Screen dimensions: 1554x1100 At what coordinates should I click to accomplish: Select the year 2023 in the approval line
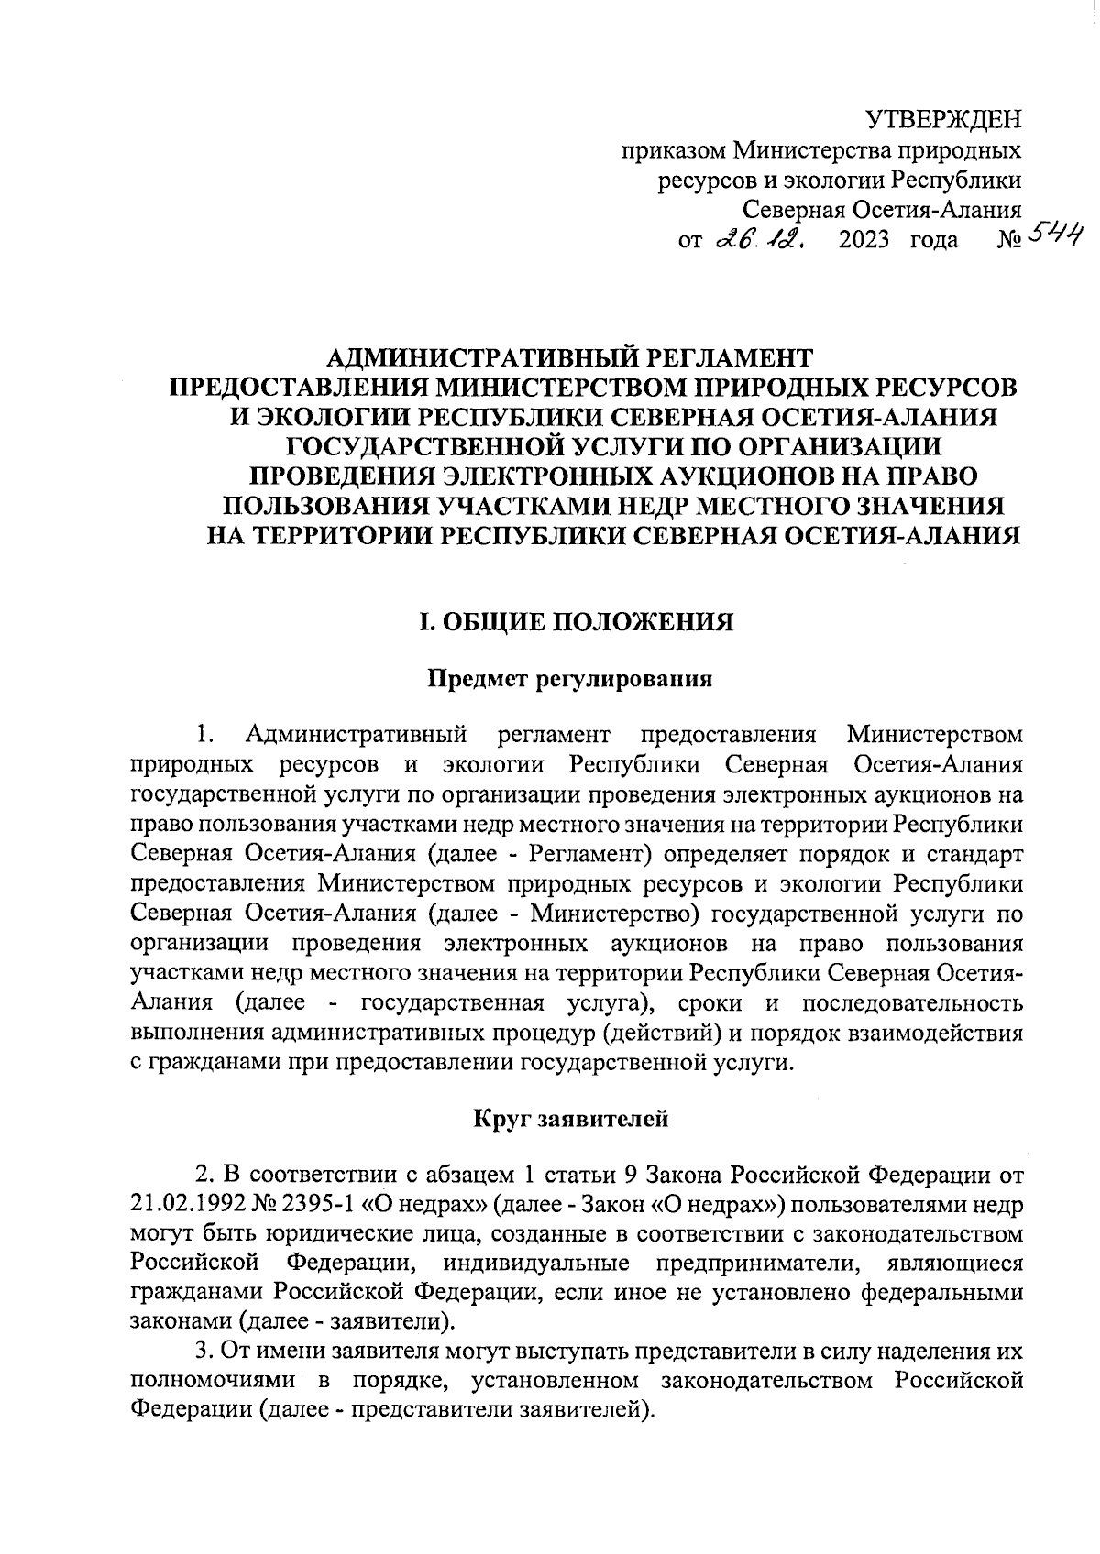864,241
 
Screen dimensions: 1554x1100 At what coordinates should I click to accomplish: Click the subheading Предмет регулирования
571,679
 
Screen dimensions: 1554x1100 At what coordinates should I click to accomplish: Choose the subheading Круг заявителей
571,1118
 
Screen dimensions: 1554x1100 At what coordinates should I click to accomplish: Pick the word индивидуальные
535,1263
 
